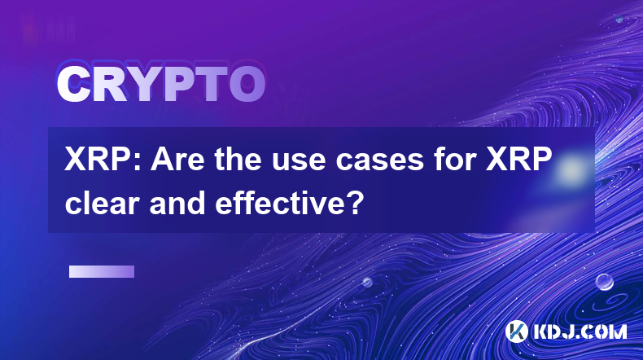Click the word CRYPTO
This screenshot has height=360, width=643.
click(161, 85)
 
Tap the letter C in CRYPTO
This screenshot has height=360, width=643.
click(73, 85)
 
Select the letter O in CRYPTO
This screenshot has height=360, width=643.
click(247, 85)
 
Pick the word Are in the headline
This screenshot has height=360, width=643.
click(177, 160)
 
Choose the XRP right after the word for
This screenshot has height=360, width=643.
click(518, 160)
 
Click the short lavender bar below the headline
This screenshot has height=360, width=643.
click(102, 272)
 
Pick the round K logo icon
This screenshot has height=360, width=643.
click(517, 331)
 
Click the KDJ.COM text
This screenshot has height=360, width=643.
click(580, 331)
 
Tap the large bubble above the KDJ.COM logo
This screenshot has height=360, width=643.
click(605, 282)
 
